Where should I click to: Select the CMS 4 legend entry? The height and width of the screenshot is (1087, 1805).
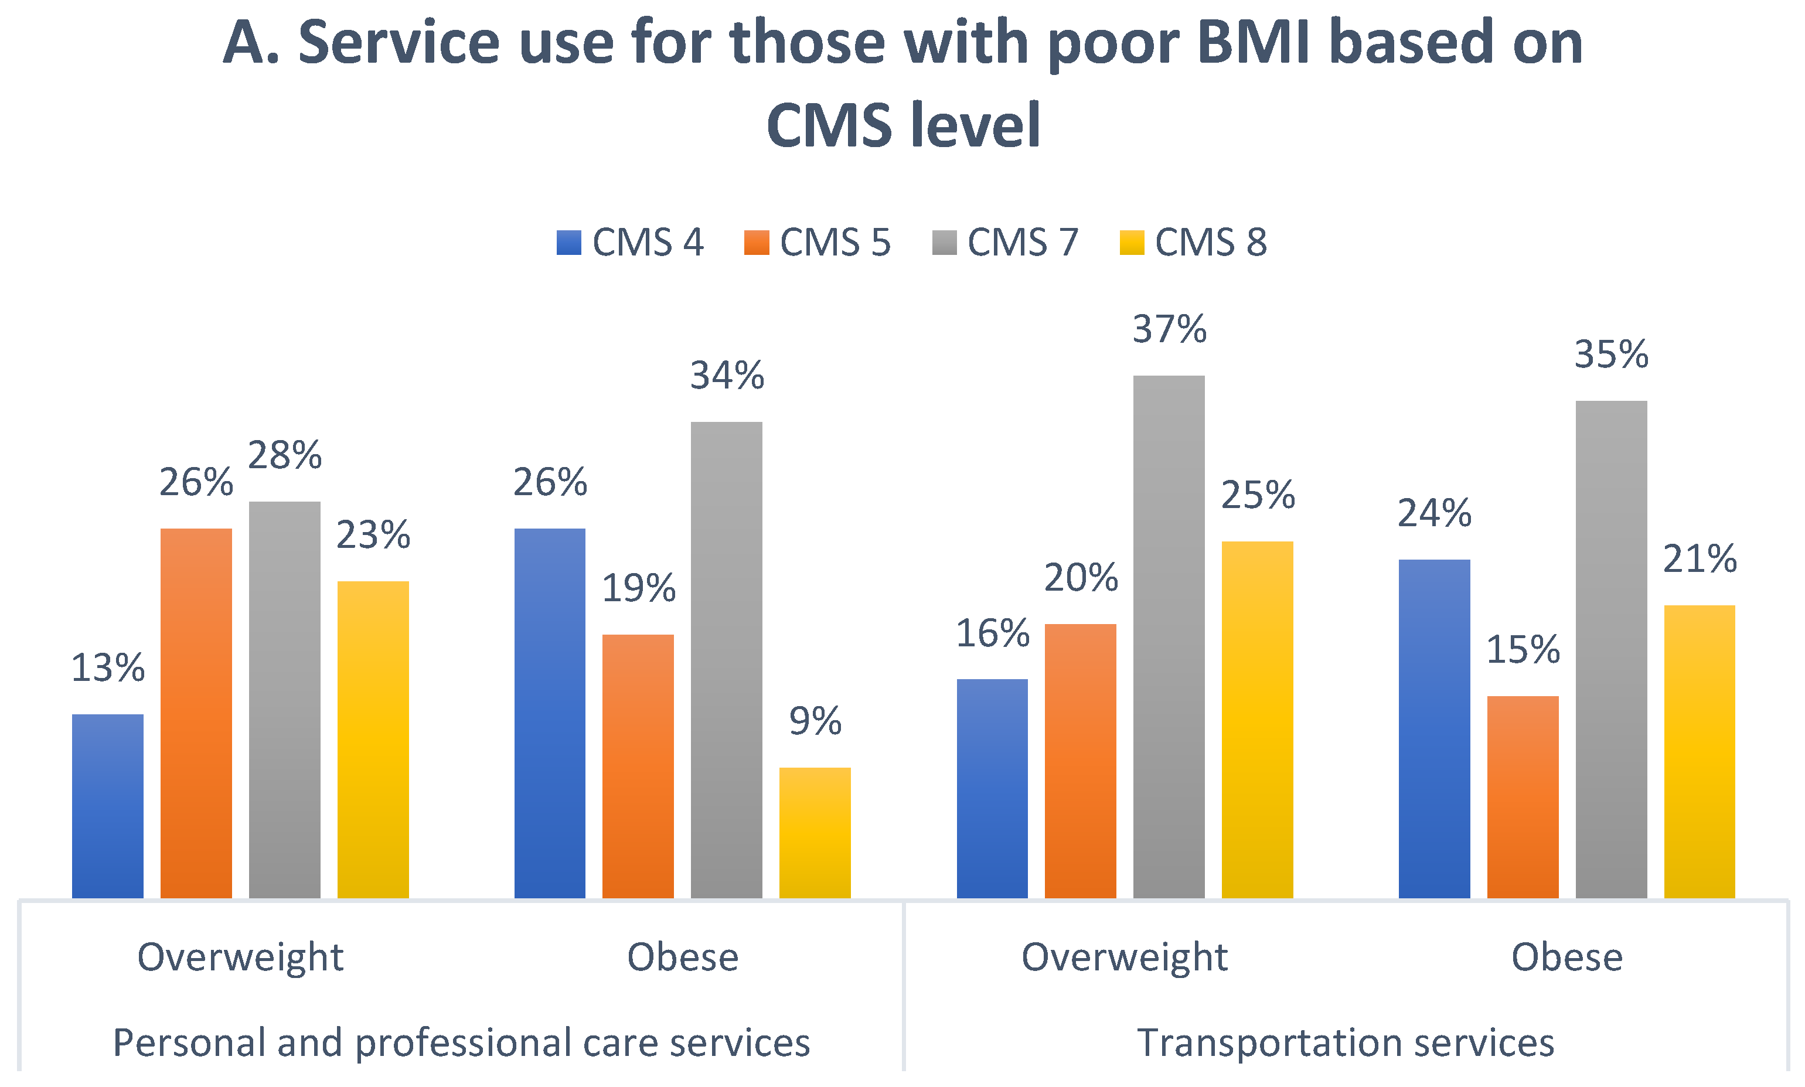click(x=630, y=243)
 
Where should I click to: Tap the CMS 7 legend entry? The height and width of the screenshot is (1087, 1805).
click(x=1006, y=243)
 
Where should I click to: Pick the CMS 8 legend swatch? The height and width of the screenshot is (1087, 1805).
click(x=1132, y=243)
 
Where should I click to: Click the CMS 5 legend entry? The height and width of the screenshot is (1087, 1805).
click(x=818, y=243)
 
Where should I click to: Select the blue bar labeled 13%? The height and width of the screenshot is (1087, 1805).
click(x=108, y=806)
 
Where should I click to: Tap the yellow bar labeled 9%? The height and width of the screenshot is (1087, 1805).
click(x=815, y=833)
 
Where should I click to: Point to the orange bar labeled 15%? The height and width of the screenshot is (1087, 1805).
click(x=1523, y=798)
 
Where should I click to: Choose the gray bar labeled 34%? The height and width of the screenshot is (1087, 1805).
click(x=727, y=660)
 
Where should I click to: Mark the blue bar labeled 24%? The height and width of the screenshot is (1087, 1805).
click(x=1435, y=729)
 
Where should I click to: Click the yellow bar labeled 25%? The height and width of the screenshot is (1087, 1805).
click(x=1257, y=720)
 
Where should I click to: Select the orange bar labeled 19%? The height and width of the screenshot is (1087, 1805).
click(x=638, y=767)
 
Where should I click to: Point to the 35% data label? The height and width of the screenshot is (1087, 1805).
click(x=1612, y=355)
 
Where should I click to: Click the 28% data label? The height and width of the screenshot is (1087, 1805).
click(x=285, y=456)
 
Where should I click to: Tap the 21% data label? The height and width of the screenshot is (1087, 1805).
click(x=1700, y=559)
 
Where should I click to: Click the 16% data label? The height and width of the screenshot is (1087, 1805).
click(x=993, y=633)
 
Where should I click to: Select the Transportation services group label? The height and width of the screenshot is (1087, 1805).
click(x=1346, y=1042)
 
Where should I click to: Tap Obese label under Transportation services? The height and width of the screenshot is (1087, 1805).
click(x=1568, y=957)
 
